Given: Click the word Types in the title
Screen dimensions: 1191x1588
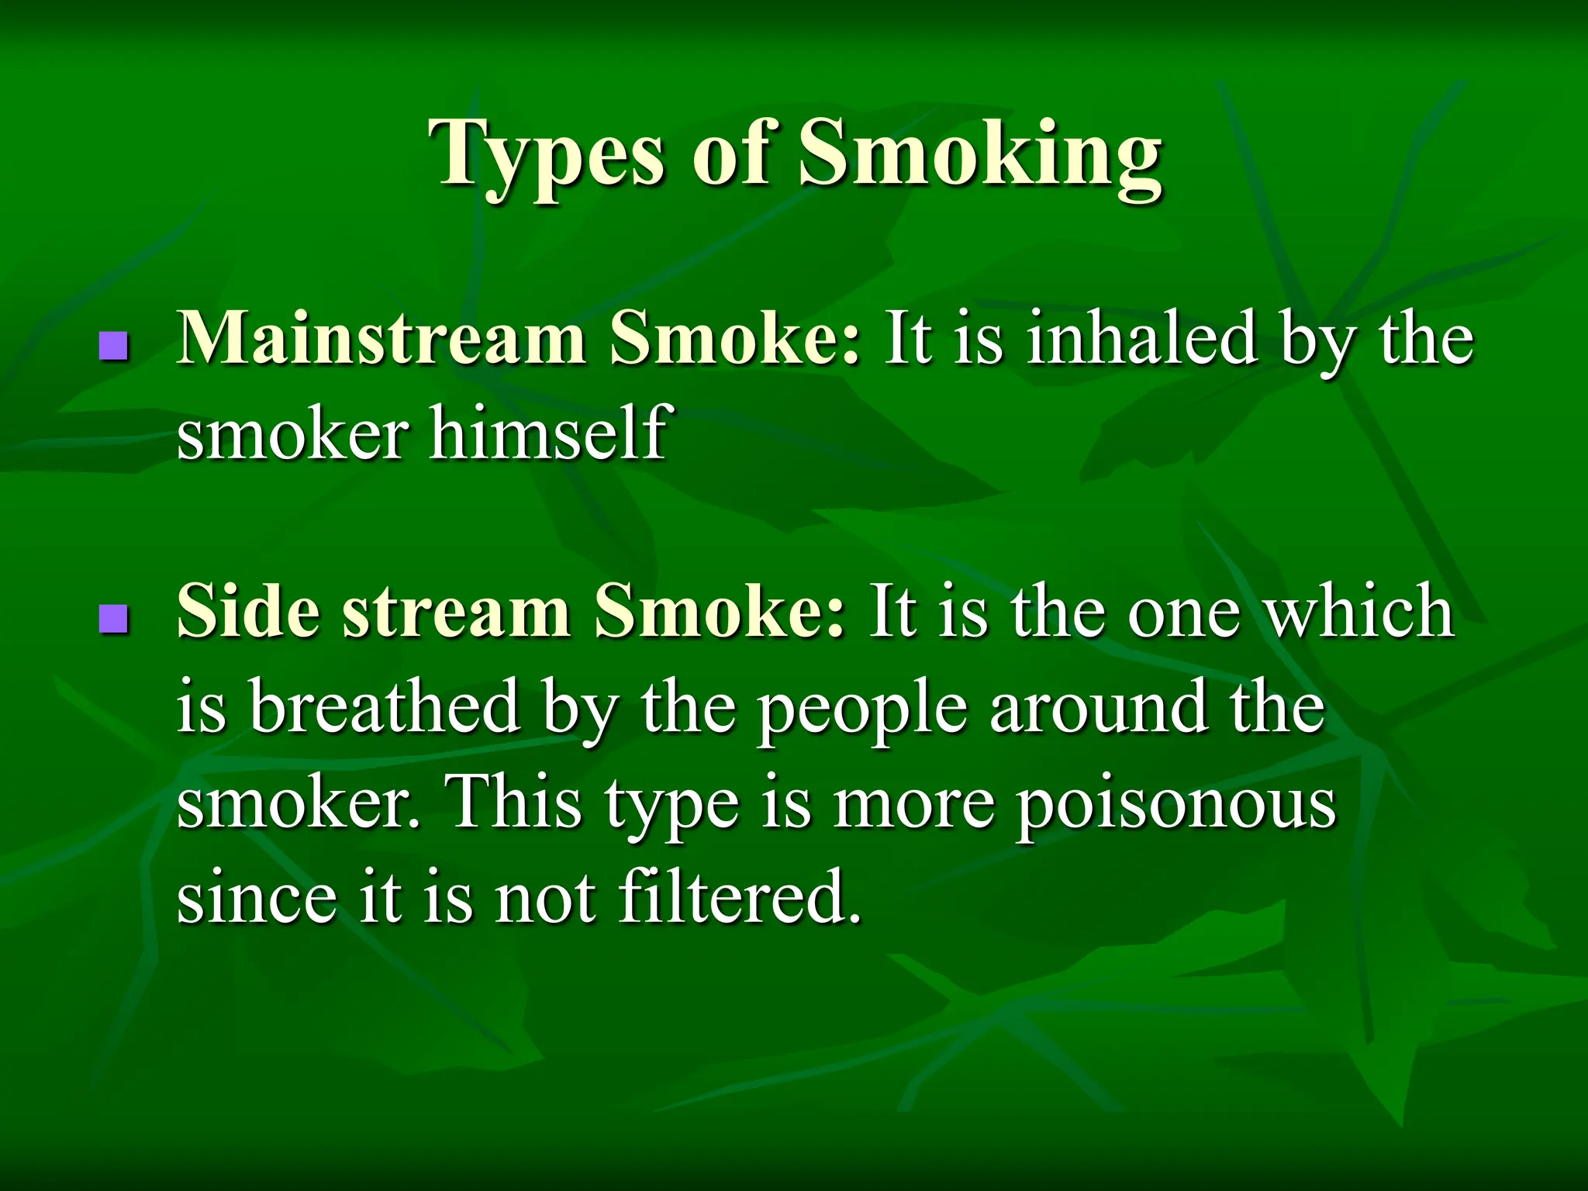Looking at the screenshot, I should [551, 155].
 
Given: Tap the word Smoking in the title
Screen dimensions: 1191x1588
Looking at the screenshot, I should [980, 155].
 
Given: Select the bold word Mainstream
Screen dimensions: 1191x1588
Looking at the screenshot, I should [381, 340].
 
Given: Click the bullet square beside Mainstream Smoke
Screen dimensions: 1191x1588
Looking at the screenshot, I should [113, 345].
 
